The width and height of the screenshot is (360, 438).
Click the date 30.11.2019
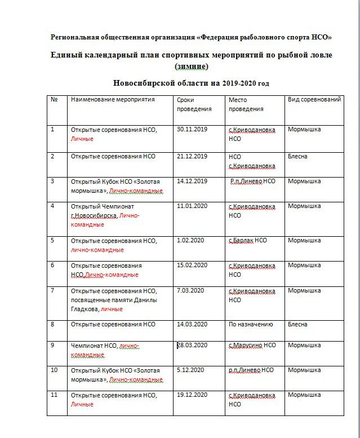(192, 129)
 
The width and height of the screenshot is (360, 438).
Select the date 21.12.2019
(192, 156)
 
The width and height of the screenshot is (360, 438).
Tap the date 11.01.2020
(192, 206)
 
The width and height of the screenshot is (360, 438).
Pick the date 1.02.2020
(190, 240)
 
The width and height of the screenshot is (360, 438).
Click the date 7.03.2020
(190, 290)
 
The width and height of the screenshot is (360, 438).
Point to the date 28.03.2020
(193, 345)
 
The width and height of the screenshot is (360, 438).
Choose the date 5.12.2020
(190, 370)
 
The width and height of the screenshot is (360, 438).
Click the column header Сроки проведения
(194, 104)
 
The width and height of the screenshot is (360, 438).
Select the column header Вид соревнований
(314, 99)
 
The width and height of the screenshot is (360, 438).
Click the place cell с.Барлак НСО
(248, 240)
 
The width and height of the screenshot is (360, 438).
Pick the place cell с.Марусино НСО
(252, 345)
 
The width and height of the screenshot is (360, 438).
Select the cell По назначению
(251, 324)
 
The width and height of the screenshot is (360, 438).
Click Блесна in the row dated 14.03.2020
(297, 324)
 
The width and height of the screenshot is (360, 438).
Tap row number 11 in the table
(55, 395)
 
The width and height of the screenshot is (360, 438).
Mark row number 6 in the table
(53, 265)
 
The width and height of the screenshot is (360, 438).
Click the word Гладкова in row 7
(85, 308)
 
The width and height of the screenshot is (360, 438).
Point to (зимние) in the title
(192, 66)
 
